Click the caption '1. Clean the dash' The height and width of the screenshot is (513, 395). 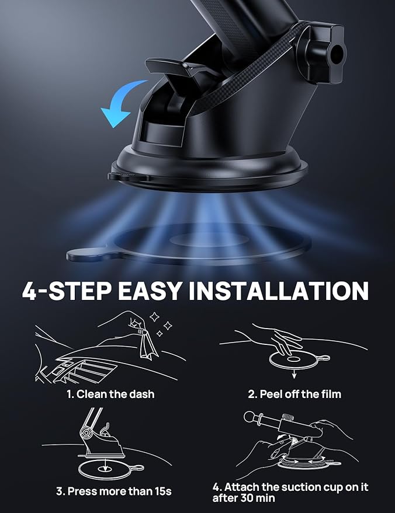[x=110, y=394]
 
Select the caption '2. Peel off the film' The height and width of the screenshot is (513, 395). [x=294, y=394]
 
